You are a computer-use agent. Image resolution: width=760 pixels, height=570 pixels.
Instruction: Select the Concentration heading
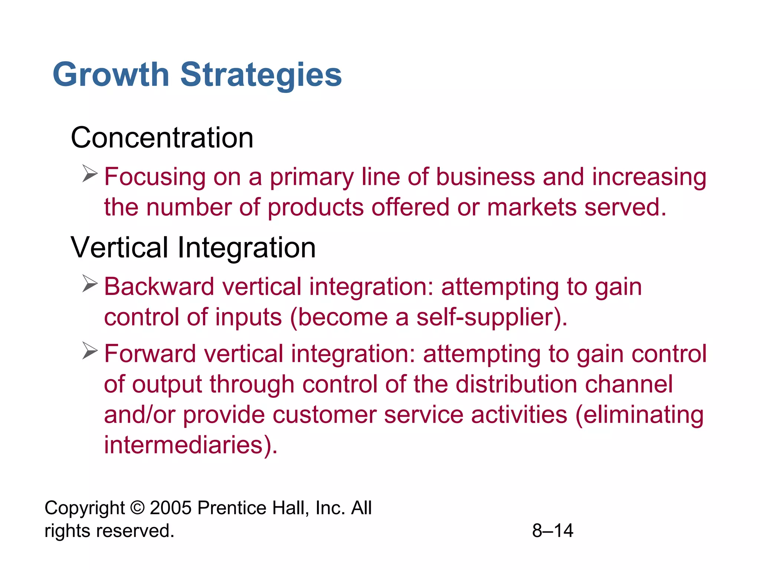[x=162, y=138]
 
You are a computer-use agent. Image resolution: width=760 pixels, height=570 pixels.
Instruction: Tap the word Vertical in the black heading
[x=119, y=248]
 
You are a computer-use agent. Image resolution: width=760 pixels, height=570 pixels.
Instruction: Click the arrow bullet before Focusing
[x=90, y=173]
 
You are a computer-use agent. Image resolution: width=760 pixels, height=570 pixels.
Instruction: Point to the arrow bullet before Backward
[x=90, y=284]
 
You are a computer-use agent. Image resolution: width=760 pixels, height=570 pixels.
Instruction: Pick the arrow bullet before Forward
[x=90, y=351]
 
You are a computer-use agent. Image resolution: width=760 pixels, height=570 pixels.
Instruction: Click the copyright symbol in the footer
[x=137, y=508]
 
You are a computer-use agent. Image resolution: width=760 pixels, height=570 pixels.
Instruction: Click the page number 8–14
[x=553, y=531]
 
